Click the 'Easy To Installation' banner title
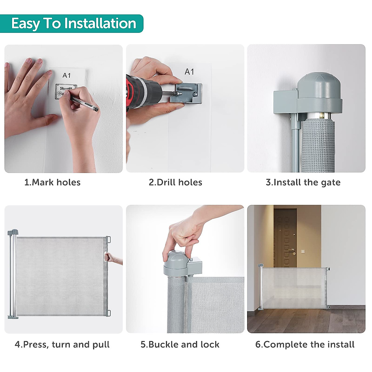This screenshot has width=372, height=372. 74,24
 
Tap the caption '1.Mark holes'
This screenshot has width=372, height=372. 52,182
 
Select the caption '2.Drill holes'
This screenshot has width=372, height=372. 175,182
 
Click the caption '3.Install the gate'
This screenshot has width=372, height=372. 303,183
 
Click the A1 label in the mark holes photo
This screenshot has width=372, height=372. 67,75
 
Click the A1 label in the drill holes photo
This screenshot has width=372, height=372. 189,72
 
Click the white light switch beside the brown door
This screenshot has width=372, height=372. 303,251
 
